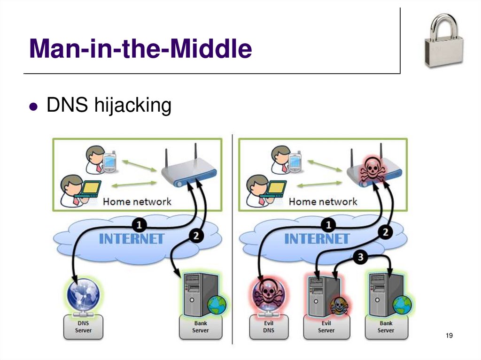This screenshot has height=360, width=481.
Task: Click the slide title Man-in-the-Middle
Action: pos(140,49)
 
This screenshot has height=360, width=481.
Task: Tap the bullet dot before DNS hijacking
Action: pos(32,107)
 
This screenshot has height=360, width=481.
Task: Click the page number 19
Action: pos(449,335)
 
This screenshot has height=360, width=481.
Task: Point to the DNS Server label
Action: pos(83,327)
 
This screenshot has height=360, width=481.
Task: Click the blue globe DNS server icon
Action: pos(83,294)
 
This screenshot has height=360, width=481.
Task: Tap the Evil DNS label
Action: pos(269,327)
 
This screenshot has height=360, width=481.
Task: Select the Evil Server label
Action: pos(326,327)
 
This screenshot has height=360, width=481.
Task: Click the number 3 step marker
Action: pos(360,257)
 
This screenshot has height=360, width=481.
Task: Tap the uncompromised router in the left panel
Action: pos(188,171)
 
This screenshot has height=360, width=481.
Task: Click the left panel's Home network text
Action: pos(137,202)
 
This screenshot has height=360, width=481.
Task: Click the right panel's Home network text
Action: pos(323,202)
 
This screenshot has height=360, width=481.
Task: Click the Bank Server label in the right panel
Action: pos(386,327)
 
